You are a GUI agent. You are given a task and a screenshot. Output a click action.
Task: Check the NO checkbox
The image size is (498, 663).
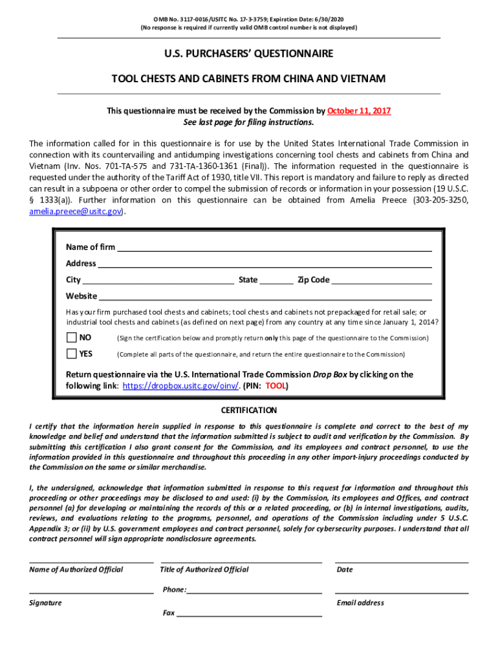(x=71, y=337)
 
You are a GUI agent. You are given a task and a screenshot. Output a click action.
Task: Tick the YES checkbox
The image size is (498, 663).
(x=71, y=354)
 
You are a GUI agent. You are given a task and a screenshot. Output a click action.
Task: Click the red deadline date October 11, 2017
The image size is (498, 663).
(x=359, y=111)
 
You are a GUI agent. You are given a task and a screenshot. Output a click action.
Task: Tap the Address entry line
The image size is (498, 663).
(x=265, y=264)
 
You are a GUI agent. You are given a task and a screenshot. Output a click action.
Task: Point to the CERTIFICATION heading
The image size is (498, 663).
(x=249, y=410)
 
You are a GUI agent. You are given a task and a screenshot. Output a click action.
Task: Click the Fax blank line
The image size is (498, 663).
(x=249, y=613)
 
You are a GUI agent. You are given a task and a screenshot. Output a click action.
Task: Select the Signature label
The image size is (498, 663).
(x=45, y=603)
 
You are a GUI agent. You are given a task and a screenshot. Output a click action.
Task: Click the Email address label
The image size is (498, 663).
(x=360, y=603)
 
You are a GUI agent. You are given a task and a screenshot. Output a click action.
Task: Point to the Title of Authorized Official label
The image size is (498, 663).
(x=204, y=570)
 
